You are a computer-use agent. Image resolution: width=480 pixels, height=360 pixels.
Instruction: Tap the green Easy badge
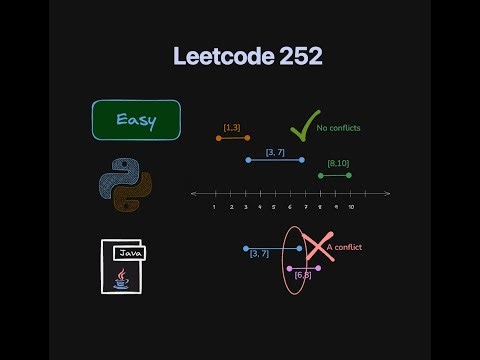tap(136, 120)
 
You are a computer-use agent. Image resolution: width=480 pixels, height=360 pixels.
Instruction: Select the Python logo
tap(126, 186)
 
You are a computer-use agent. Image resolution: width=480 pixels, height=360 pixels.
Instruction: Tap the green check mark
tap(303, 127)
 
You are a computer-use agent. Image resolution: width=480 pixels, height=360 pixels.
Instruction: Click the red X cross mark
tap(318, 247)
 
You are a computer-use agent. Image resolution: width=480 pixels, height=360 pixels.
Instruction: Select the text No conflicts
tap(338, 128)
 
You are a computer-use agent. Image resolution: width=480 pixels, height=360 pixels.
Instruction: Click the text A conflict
tap(345, 247)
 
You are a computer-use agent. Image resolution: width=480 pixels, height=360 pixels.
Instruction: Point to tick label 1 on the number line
tap(215, 207)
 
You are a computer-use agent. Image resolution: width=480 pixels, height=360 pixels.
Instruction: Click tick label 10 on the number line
tap(351, 207)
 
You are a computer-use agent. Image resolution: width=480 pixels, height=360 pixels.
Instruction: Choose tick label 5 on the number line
tap(274, 207)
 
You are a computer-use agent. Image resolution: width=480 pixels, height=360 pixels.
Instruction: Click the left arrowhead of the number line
tap(192, 193)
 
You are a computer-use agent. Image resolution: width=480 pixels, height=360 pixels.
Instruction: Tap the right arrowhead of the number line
tap(387, 193)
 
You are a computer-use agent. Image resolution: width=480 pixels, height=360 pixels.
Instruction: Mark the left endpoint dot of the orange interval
tap(218, 137)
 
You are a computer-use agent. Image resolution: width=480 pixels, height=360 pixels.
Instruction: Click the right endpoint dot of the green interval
tap(349, 175)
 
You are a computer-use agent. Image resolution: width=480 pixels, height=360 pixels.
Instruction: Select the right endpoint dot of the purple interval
tap(318, 268)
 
